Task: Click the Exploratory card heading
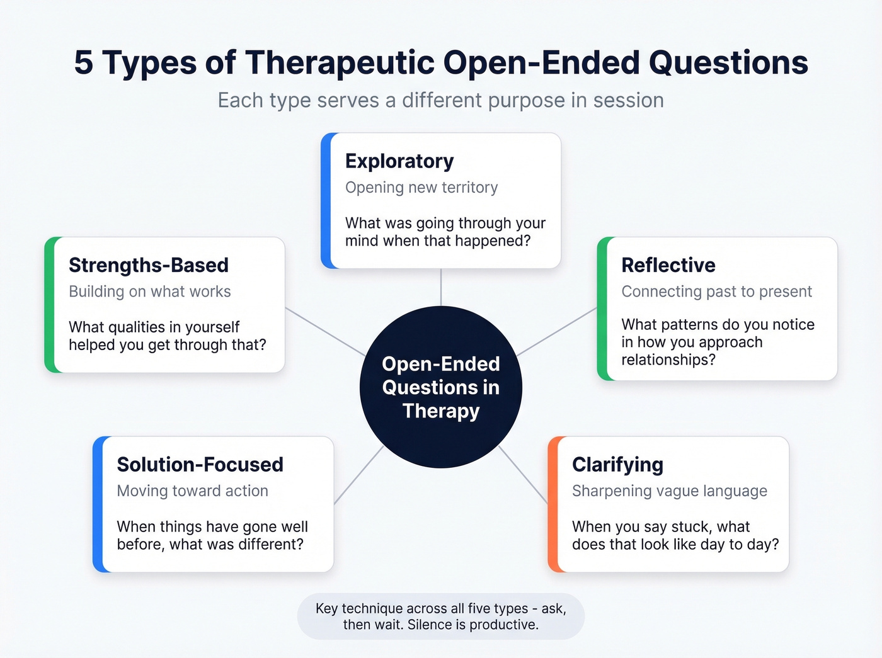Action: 399,161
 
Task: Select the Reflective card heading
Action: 668,265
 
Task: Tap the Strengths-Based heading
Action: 149,265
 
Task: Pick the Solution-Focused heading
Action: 200,465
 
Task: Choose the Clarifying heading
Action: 617,465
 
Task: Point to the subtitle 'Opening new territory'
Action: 421,188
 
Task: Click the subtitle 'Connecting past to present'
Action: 716,292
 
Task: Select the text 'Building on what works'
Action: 150,292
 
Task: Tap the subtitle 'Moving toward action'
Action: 192,491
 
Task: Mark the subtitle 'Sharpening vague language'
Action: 669,491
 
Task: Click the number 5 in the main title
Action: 83,63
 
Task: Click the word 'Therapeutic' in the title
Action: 340,63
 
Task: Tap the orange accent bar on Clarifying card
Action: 553,504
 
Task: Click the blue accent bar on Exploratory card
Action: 325,201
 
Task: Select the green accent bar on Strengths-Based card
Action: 49,305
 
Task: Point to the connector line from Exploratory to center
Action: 441,287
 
